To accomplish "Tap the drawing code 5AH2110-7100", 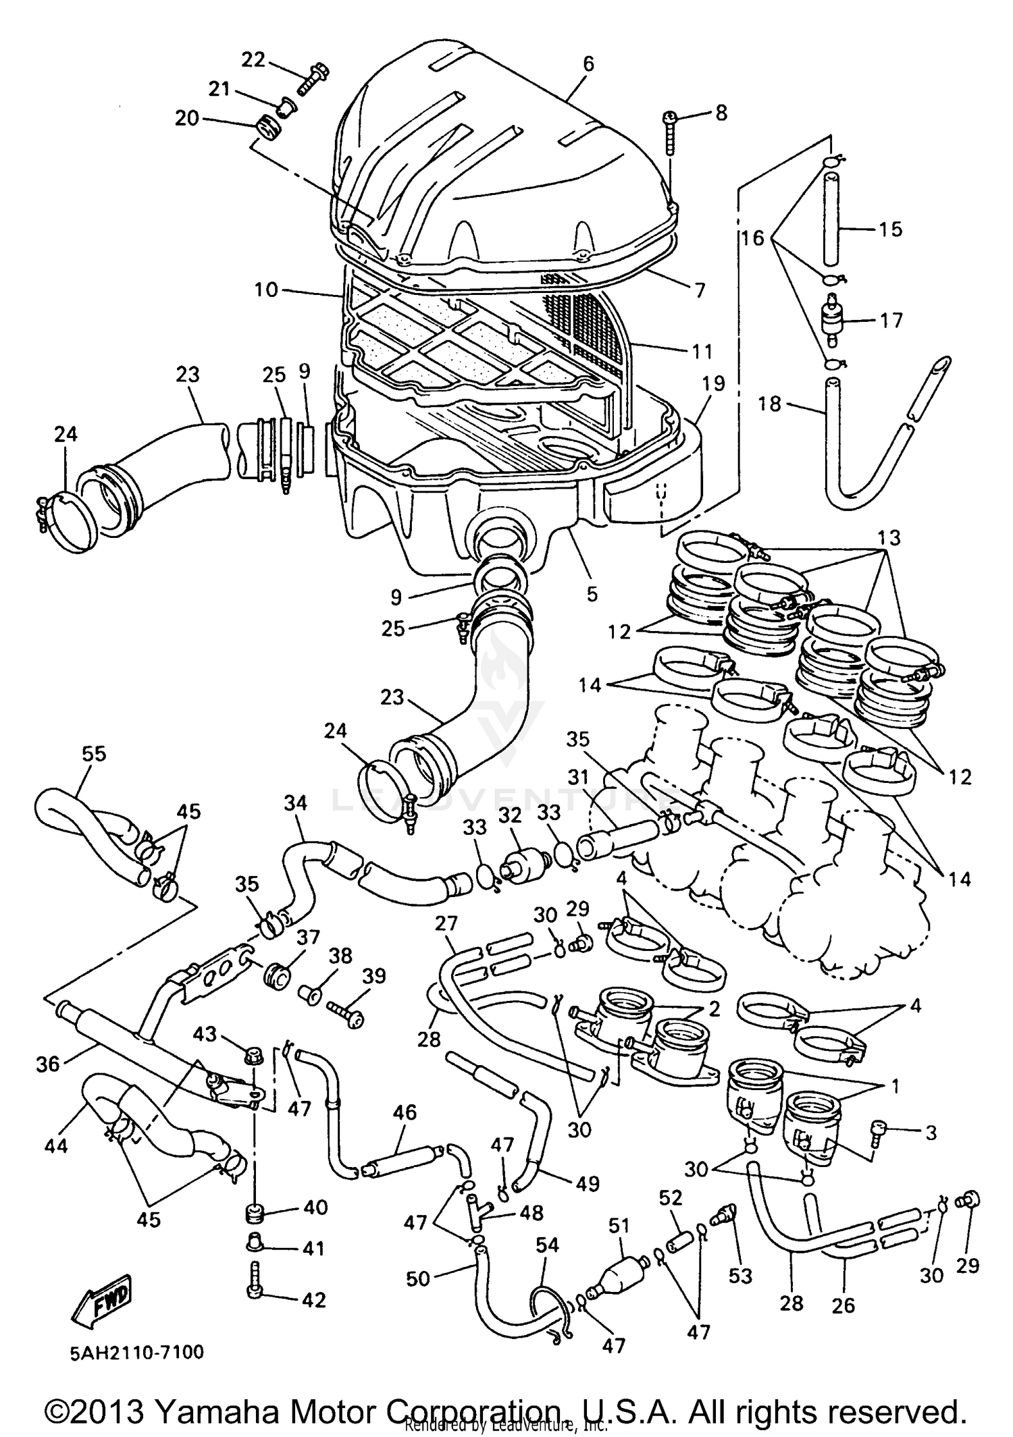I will point(135,1353).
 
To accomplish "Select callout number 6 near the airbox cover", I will point(588,63).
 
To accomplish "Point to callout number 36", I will point(49,1064).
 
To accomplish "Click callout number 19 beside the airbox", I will point(713,383).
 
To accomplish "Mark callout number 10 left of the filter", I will point(266,290).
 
